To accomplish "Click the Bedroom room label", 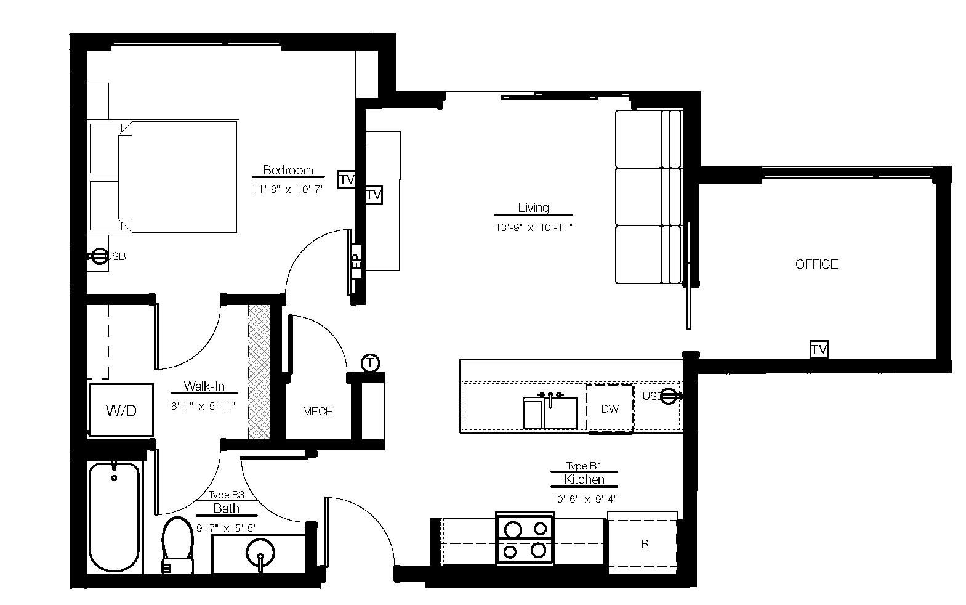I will [288, 170].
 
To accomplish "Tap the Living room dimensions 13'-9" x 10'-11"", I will [533, 227].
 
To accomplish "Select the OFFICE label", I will [816, 264].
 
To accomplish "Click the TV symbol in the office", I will [818, 349].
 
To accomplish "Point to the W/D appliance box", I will [121, 410].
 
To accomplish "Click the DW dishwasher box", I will [610, 408].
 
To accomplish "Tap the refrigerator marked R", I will [644, 543].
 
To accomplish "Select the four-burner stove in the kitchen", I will [525, 538].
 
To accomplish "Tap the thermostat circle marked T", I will [369, 363].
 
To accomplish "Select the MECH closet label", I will [318, 412].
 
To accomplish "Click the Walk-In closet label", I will [204, 387].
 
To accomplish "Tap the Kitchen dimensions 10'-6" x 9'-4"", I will [584, 499].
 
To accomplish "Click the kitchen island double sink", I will [550, 412].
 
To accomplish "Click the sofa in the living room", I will [649, 197].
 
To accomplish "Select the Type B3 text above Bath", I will [227, 495].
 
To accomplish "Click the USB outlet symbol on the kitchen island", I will [669, 396].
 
